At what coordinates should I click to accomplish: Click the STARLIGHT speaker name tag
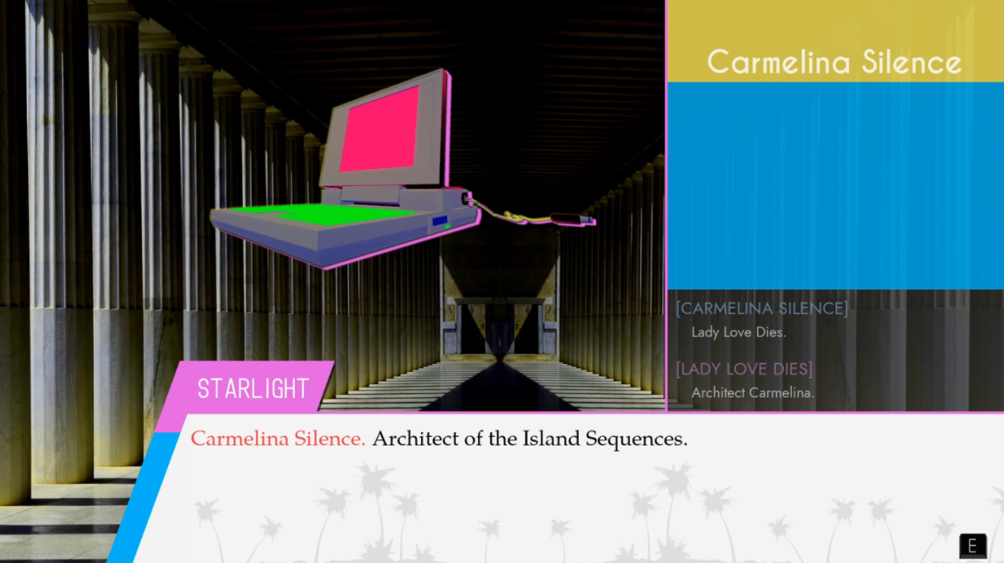[253, 388]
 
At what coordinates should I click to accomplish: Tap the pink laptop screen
[379, 129]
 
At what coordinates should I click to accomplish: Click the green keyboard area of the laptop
[319, 212]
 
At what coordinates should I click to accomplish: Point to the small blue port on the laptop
[439, 221]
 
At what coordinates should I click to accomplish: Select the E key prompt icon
[972, 545]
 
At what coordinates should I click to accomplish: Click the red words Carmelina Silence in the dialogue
[278, 438]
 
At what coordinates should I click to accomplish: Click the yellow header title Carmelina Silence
[834, 62]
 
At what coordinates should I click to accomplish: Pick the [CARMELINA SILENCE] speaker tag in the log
[762, 308]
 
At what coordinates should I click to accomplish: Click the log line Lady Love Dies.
[738, 332]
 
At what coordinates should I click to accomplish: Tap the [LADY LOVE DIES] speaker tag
[744, 369]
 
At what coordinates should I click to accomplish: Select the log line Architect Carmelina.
[753, 393]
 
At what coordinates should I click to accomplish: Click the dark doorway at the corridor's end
[500, 326]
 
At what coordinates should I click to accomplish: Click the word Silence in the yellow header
[912, 62]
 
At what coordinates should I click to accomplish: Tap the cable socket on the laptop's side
[466, 198]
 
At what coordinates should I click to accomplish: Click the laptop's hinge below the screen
[372, 195]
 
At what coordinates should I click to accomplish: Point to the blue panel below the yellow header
[836, 186]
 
